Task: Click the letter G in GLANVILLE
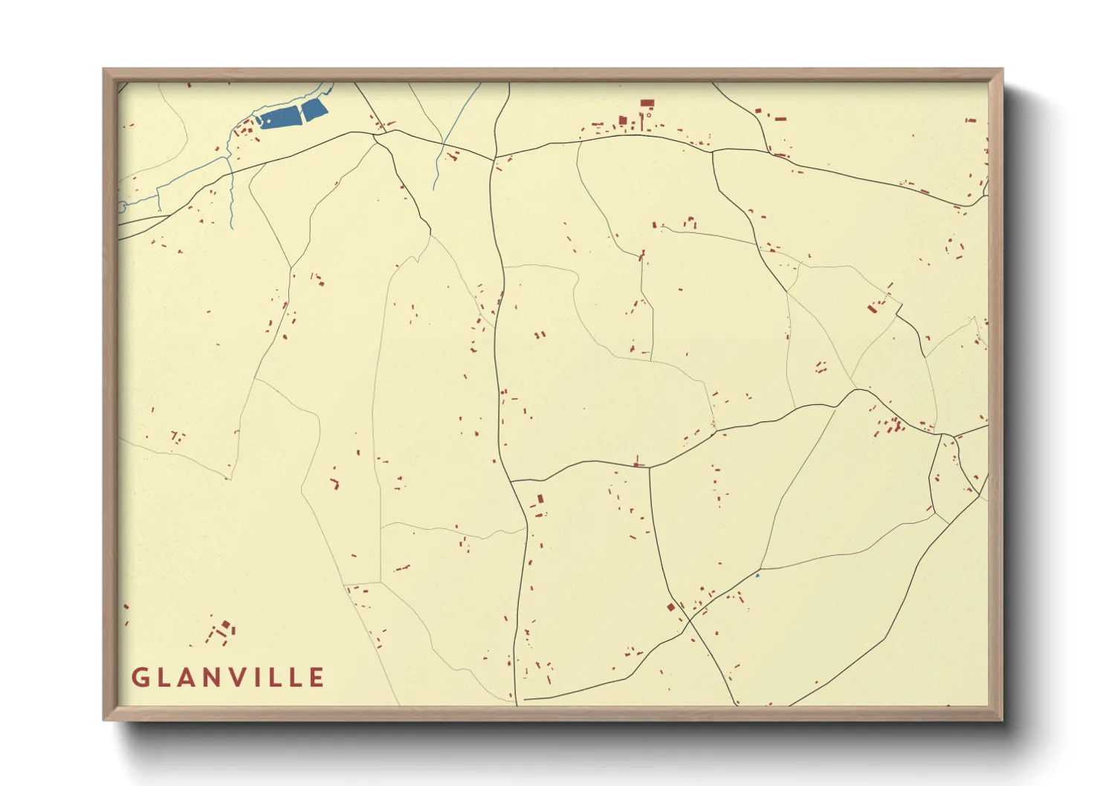(x=140, y=678)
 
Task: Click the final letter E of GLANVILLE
(x=317, y=678)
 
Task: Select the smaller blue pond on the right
(x=314, y=111)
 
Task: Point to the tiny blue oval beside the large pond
(x=259, y=120)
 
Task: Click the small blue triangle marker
(x=757, y=575)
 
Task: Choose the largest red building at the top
(x=647, y=103)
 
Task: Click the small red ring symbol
(x=649, y=115)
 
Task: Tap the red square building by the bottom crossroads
(x=670, y=607)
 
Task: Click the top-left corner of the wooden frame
(x=104, y=69)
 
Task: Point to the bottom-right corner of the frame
(x=1003, y=720)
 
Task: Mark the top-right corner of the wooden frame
(x=1003, y=69)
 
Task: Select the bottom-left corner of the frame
(x=104, y=720)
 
